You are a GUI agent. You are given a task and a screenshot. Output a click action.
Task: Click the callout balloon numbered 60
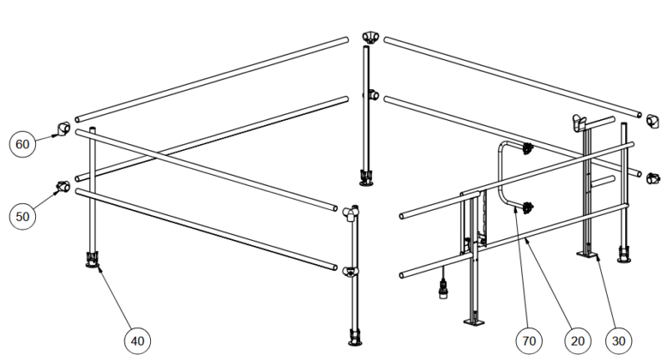click(23, 144)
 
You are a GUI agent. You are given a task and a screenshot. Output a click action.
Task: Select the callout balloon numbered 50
click(23, 217)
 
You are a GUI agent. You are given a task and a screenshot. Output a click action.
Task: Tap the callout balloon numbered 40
click(138, 341)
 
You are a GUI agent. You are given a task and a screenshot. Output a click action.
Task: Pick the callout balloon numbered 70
click(529, 341)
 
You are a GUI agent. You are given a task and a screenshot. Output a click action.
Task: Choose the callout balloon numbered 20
click(578, 341)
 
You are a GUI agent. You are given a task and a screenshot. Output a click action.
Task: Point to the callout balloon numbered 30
click(619, 341)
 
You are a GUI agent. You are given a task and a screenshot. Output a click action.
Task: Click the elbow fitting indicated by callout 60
click(64, 128)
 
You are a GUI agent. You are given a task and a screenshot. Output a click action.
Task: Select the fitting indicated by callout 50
click(64, 186)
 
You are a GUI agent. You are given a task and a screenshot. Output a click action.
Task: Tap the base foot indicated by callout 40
click(93, 259)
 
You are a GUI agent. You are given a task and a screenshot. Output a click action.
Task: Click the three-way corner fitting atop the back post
click(370, 37)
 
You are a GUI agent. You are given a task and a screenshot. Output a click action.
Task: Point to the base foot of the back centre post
click(366, 177)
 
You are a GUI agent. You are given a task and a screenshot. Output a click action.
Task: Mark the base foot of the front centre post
click(355, 337)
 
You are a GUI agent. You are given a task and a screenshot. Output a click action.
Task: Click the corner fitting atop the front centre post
click(351, 213)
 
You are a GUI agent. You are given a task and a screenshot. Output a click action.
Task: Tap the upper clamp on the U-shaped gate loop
click(528, 148)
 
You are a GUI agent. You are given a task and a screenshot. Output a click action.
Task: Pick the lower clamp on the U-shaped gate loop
click(529, 207)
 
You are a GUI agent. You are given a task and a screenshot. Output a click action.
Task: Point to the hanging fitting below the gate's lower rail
click(444, 288)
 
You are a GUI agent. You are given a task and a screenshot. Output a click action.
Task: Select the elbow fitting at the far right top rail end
click(652, 121)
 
